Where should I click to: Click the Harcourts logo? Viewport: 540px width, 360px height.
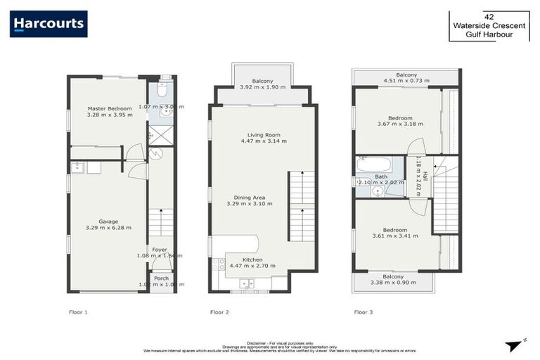click(49, 24)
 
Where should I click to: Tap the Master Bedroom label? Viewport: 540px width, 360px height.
click(110, 108)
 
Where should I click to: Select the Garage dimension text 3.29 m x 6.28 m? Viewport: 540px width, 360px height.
click(108, 228)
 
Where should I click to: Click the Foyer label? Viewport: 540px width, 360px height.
click(160, 249)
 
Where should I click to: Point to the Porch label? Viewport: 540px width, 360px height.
click(161, 278)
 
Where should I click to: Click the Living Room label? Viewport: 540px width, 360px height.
click(264, 134)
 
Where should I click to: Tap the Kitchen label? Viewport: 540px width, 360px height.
click(252, 259)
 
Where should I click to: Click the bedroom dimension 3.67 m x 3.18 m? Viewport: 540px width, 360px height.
click(400, 125)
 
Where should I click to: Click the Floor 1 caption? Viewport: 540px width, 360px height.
click(79, 311)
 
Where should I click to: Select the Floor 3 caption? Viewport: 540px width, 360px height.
click(364, 311)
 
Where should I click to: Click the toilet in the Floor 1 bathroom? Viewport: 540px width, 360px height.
click(162, 91)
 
